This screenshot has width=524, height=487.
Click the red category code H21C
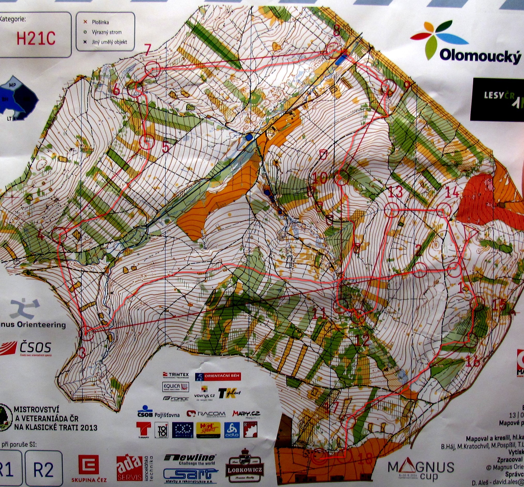[x=36, y=39]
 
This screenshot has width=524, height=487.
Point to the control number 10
[x=320, y=178]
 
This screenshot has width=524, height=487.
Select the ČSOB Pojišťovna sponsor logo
[x=158, y=414]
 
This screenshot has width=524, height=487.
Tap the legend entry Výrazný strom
[x=106, y=33]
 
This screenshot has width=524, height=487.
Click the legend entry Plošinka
[x=100, y=22]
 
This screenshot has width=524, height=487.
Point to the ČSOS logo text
[x=35, y=348]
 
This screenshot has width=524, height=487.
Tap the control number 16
[x=473, y=362]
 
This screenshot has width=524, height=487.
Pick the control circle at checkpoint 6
[x=135, y=89]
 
